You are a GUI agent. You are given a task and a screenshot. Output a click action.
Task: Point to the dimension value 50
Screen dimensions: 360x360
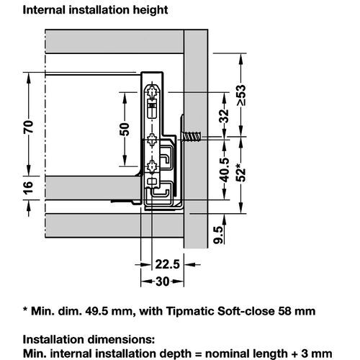point(124,130)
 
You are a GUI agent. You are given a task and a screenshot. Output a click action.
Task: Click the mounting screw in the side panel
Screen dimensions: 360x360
point(193,135)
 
